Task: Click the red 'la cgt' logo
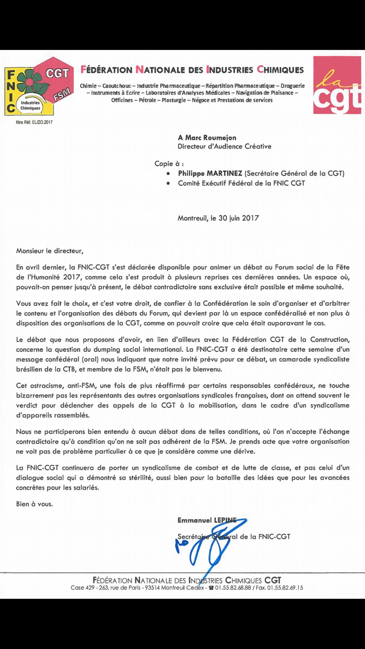337,86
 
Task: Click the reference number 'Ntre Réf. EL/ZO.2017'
34,122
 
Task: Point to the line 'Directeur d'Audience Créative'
225,146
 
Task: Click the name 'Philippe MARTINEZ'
210,173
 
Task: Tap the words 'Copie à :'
169,163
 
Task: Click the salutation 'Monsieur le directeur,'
49,251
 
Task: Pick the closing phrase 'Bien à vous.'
34,504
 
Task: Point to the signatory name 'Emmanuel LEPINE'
207,520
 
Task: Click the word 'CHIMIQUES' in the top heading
281,70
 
